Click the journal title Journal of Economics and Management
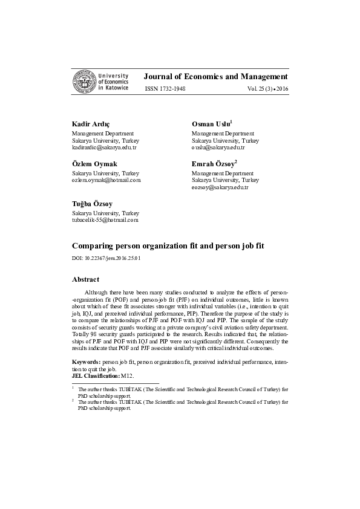point(215,77)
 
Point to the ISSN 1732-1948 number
point(165,89)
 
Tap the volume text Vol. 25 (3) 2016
point(267,89)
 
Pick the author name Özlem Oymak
point(94,164)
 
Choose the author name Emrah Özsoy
point(214,164)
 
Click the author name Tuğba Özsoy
point(92,204)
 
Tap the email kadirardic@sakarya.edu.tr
point(104,148)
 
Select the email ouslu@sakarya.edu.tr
point(218,148)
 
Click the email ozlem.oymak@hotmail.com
point(106,180)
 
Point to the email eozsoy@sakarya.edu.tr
point(220,188)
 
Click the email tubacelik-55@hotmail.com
point(105,221)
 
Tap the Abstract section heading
point(85,279)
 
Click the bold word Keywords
point(87,361)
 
